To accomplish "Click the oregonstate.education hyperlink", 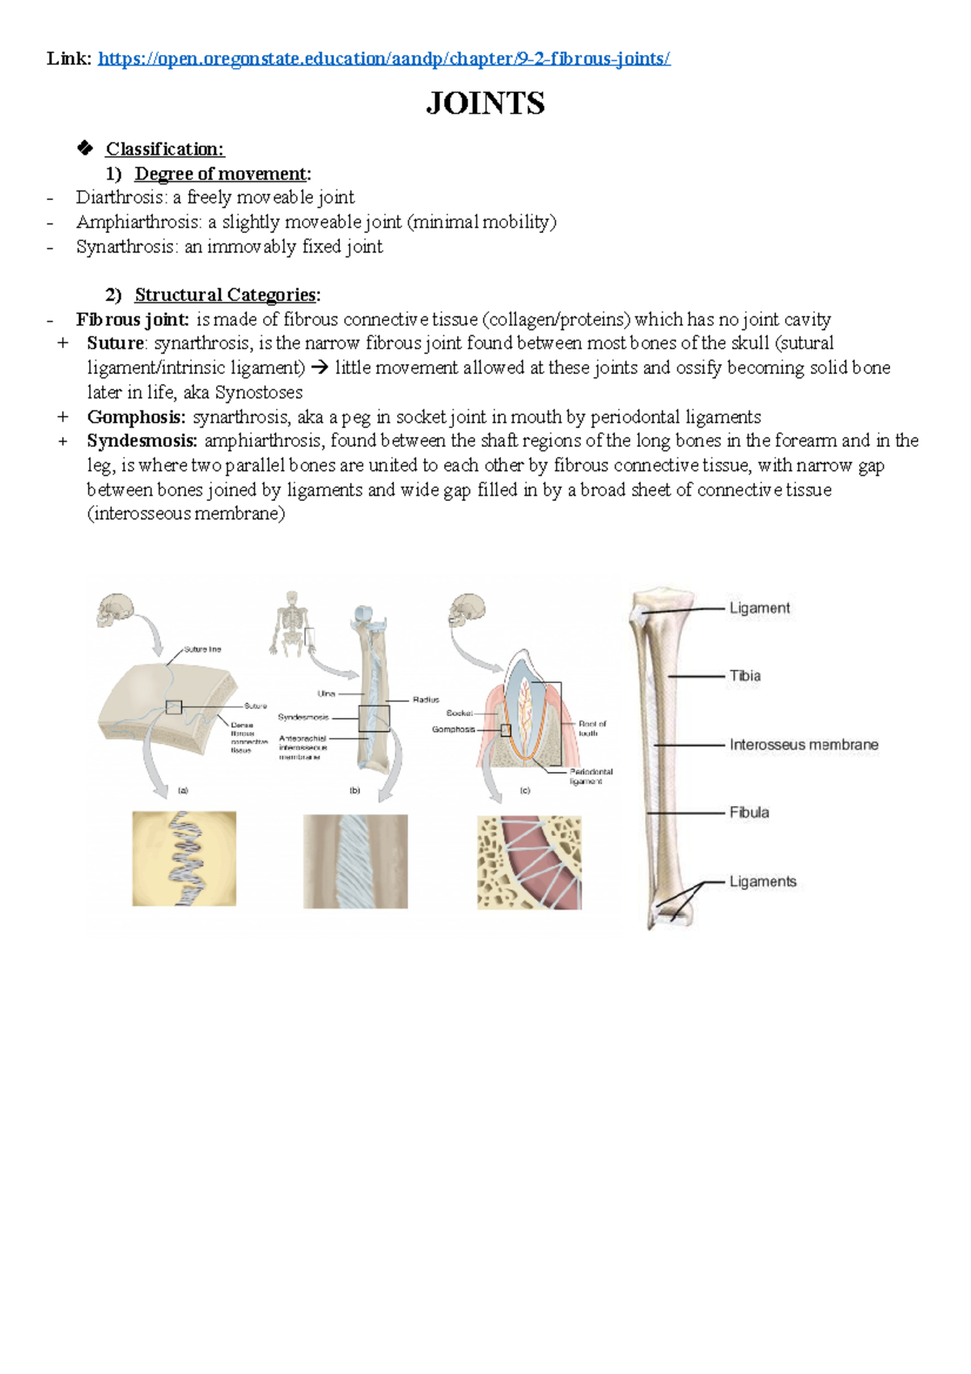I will click(x=384, y=58).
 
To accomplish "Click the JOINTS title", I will click(x=485, y=103).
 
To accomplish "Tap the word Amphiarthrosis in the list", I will click(x=138, y=222).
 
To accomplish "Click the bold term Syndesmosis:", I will click(x=142, y=441).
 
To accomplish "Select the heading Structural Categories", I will click(x=225, y=295).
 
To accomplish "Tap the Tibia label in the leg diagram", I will click(x=744, y=676).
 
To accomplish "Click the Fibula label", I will click(x=748, y=812).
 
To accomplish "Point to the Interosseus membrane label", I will click(x=803, y=744).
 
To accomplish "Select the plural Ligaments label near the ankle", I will click(x=762, y=881).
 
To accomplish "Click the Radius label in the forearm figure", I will click(x=426, y=700).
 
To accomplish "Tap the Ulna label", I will click(x=326, y=693).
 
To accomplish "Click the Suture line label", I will click(x=202, y=649).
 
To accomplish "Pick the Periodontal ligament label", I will click(x=591, y=776).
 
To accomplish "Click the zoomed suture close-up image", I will click(x=184, y=859).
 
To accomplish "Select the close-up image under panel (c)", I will click(x=529, y=863).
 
